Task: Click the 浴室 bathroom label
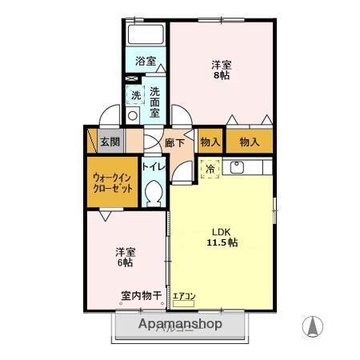(x=144, y=61)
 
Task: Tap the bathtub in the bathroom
(x=145, y=36)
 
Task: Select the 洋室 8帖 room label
(x=222, y=70)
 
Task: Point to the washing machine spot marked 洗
(x=135, y=95)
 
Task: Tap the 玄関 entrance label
(x=110, y=142)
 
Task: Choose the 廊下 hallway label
(x=174, y=143)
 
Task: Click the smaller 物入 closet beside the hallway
(x=210, y=142)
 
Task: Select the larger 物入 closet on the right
(x=249, y=142)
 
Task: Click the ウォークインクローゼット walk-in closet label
(x=112, y=182)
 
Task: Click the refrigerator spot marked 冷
(x=210, y=169)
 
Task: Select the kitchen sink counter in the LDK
(x=248, y=167)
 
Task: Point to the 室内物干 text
(x=141, y=296)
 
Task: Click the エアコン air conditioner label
(x=183, y=297)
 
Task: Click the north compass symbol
(x=313, y=326)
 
